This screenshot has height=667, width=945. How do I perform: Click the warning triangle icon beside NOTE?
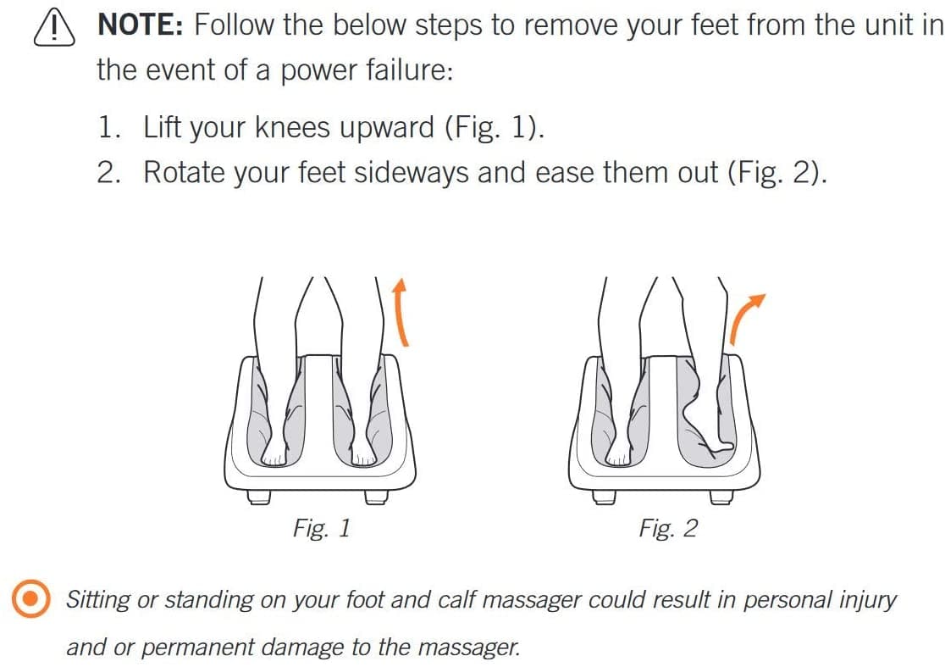pos(52,27)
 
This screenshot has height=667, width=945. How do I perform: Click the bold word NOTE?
pos(140,25)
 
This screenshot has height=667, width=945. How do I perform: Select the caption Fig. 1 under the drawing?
pos(321,528)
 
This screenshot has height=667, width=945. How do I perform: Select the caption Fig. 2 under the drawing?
pos(668,528)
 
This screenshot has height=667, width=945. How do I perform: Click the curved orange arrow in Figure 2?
pos(745,318)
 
